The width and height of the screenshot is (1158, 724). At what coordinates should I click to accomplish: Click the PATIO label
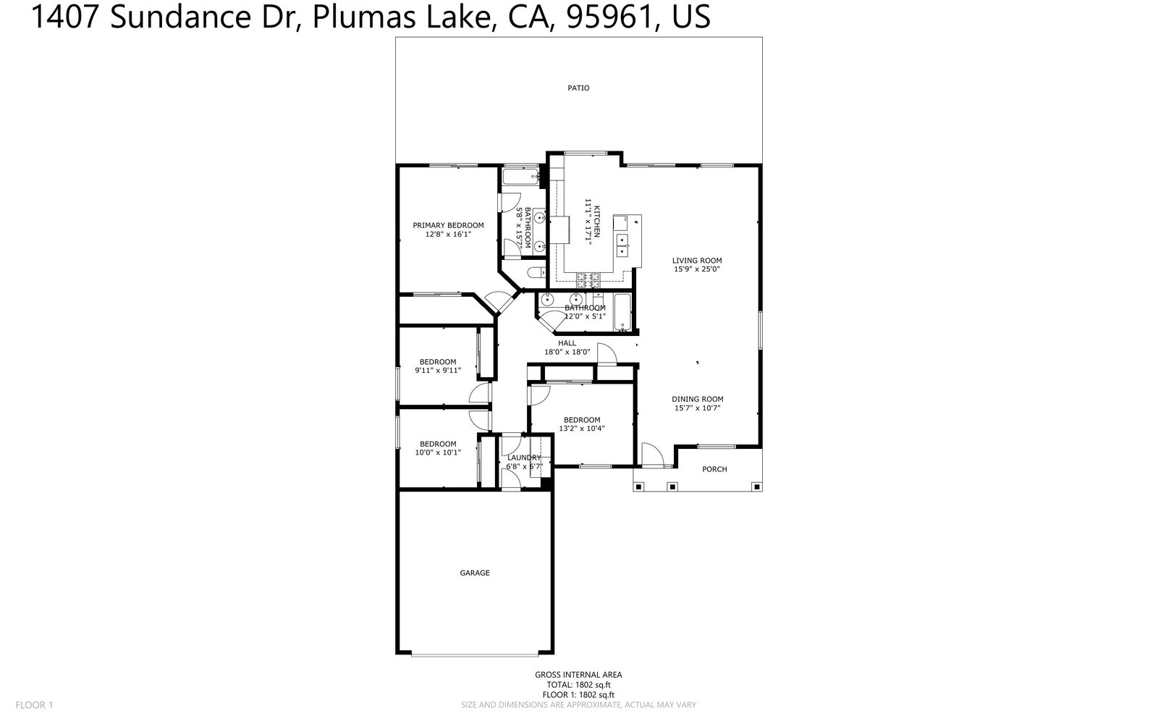578,88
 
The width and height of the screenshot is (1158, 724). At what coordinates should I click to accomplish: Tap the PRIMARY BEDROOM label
448,225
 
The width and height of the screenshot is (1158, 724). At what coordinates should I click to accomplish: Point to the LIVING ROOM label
697,261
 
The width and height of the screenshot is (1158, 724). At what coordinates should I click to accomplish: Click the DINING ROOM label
697,399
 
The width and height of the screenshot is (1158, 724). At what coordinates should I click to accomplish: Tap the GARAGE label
475,573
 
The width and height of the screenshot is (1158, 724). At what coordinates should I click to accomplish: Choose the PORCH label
714,469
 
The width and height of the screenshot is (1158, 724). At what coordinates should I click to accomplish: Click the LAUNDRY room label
524,458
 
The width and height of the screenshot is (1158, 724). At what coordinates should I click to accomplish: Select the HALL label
567,343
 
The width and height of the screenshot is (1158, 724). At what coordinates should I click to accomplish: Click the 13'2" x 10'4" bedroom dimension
582,429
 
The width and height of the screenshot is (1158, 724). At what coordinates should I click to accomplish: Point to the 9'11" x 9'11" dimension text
438,371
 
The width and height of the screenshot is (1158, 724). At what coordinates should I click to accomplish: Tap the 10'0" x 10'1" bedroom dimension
438,452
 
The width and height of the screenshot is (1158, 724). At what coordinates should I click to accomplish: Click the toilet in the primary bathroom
536,272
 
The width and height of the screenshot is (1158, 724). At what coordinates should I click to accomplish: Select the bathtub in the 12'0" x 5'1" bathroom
622,313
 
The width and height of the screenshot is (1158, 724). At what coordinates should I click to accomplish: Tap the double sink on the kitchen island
622,245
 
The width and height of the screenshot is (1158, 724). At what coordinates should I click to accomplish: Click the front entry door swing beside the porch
652,454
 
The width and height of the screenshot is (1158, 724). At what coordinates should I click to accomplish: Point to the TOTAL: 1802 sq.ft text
578,684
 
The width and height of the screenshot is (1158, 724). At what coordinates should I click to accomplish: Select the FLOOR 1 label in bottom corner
35,704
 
